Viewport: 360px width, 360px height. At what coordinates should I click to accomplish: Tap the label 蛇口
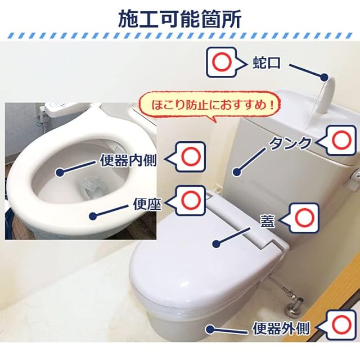coord(266,62)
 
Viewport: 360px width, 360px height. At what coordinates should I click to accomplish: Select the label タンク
coord(290,143)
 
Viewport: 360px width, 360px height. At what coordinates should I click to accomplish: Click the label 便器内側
coord(128,160)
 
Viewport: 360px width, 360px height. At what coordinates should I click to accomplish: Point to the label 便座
coord(147,204)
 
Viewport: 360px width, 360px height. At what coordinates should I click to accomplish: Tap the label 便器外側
coord(281,328)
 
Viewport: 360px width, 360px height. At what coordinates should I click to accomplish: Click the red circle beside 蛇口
coord(221,62)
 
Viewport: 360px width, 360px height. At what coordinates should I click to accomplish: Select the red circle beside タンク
coord(341,140)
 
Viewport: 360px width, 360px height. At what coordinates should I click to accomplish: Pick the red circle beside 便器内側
coord(191,156)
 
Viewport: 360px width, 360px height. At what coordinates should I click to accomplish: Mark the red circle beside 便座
coord(191,200)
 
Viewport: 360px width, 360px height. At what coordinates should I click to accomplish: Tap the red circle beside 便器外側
coord(341,325)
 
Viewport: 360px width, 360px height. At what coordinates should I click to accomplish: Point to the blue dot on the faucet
coord(324,78)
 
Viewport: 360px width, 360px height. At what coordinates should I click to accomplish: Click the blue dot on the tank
coord(237,172)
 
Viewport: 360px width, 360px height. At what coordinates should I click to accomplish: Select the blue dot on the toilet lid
coord(216,244)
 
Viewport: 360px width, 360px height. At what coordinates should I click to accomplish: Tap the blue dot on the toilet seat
coord(93,215)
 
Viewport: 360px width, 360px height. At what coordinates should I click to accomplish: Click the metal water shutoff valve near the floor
coord(292,307)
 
